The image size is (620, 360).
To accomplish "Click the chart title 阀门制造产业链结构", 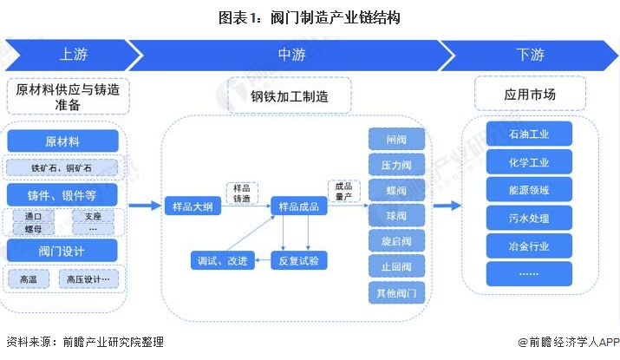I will tap(310, 16).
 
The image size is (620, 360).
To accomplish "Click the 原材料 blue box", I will tap(62, 141).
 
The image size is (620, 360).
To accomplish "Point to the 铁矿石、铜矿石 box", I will tap(62, 167).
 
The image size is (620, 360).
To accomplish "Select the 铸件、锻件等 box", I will tap(62, 193).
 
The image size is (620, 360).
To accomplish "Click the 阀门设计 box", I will tap(62, 251).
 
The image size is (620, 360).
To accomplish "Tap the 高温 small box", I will tap(29, 279).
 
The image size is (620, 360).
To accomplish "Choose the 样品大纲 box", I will tap(189, 206).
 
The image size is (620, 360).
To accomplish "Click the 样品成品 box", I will tap(299, 206).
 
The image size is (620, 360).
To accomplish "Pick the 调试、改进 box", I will tap(224, 259).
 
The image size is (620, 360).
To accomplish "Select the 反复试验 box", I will tap(299, 259).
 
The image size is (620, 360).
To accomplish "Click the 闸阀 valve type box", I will tap(396, 139).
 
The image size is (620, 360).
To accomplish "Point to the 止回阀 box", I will tap(396, 266).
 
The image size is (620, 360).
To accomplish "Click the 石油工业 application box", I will tap(529, 134).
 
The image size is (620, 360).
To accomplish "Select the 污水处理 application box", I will tap(529, 217).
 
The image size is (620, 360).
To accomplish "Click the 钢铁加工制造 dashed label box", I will tap(289, 96).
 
